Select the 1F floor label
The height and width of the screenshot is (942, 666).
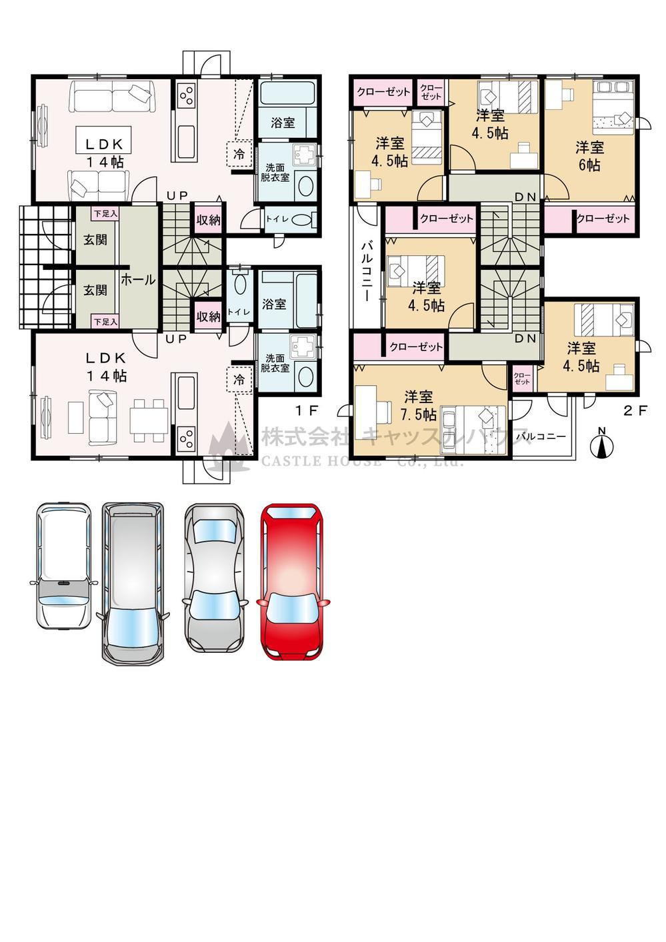point(306,410)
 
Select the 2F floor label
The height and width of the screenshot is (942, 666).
point(635,410)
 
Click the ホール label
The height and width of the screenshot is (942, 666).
point(139,280)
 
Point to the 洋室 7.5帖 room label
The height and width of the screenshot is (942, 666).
point(418,406)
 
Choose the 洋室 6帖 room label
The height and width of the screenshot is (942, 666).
point(589,156)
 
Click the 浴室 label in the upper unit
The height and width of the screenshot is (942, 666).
point(283,123)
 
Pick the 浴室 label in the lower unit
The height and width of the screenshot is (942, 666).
point(274,304)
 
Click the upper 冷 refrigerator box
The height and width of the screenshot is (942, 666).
point(239,153)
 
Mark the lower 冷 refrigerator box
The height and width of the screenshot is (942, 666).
point(239,380)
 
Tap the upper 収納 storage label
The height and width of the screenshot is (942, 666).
point(208,220)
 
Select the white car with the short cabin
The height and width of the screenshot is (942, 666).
point(63,566)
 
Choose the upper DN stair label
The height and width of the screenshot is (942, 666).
point(525,197)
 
